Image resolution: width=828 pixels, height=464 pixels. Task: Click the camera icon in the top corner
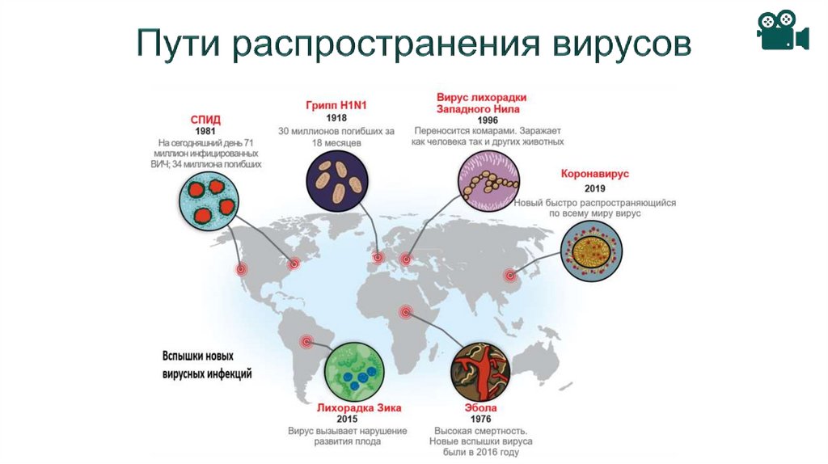tap(782, 32)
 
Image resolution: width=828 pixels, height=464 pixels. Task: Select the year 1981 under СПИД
tap(206, 130)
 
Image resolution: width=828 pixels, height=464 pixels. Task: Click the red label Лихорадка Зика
tap(347, 408)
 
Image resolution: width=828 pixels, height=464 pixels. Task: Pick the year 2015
tap(347, 420)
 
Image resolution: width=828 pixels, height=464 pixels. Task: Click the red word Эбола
tap(481, 408)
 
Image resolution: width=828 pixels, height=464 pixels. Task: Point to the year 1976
tap(481, 420)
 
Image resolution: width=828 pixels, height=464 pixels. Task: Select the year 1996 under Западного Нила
tap(488, 119)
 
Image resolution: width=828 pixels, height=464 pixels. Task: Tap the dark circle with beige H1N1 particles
tap(336, 181)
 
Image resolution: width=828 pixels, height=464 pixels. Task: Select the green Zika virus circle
tap(354, 369)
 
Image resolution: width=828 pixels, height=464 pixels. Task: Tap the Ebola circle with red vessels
tap(481, 369)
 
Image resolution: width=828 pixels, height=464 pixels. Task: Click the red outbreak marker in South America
tap(306, 340)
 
